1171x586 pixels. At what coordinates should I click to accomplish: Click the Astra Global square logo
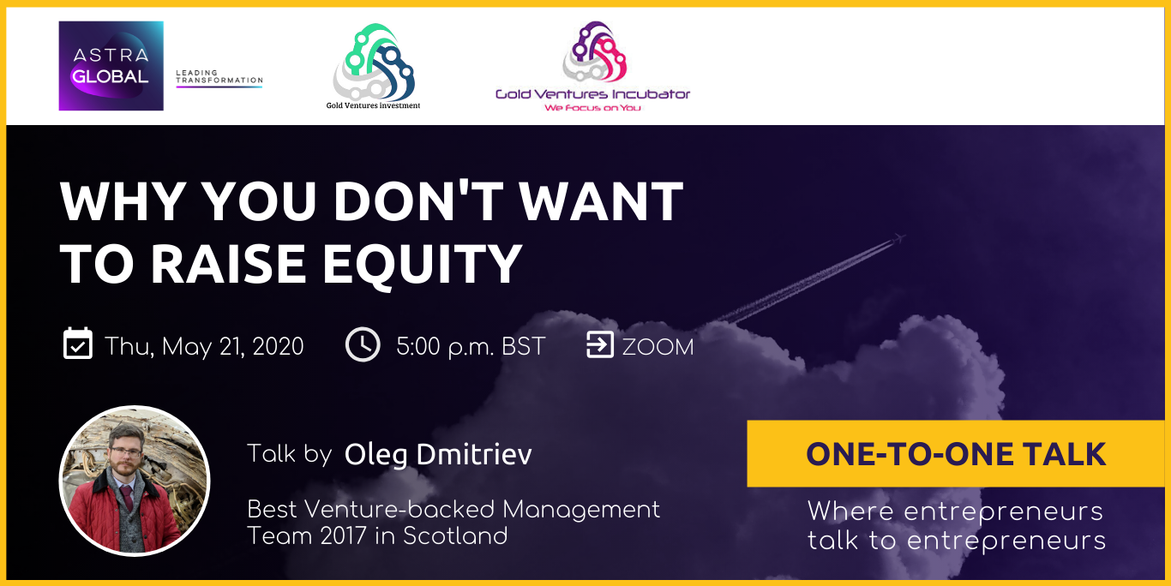tap(111, 66)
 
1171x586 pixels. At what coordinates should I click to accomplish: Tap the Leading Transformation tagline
tap(219, 76)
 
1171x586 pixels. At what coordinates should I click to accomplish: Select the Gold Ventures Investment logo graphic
tap(374, 63)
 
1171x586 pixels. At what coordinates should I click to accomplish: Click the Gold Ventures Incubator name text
tap(593, 94)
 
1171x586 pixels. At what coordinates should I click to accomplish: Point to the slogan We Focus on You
tap(592, 108)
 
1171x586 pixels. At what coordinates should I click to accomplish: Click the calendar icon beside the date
tap(78, 344)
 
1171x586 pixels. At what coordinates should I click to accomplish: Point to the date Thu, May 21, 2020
tap(204, 346)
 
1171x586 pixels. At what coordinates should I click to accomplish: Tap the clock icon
tap(363, 344)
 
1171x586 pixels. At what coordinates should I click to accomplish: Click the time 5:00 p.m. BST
tap(471, 347)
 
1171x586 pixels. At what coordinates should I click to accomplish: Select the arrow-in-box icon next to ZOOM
tap(599, 344)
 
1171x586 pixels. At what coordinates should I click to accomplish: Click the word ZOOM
tap(658, 347)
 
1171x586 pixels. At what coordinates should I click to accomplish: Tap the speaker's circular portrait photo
tap(135, 481)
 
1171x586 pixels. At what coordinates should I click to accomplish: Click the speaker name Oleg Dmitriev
tap(438, 454)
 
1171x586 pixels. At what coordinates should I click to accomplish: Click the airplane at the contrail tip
tap(900, 239)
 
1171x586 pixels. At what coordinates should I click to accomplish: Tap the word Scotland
tap(455, 535)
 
